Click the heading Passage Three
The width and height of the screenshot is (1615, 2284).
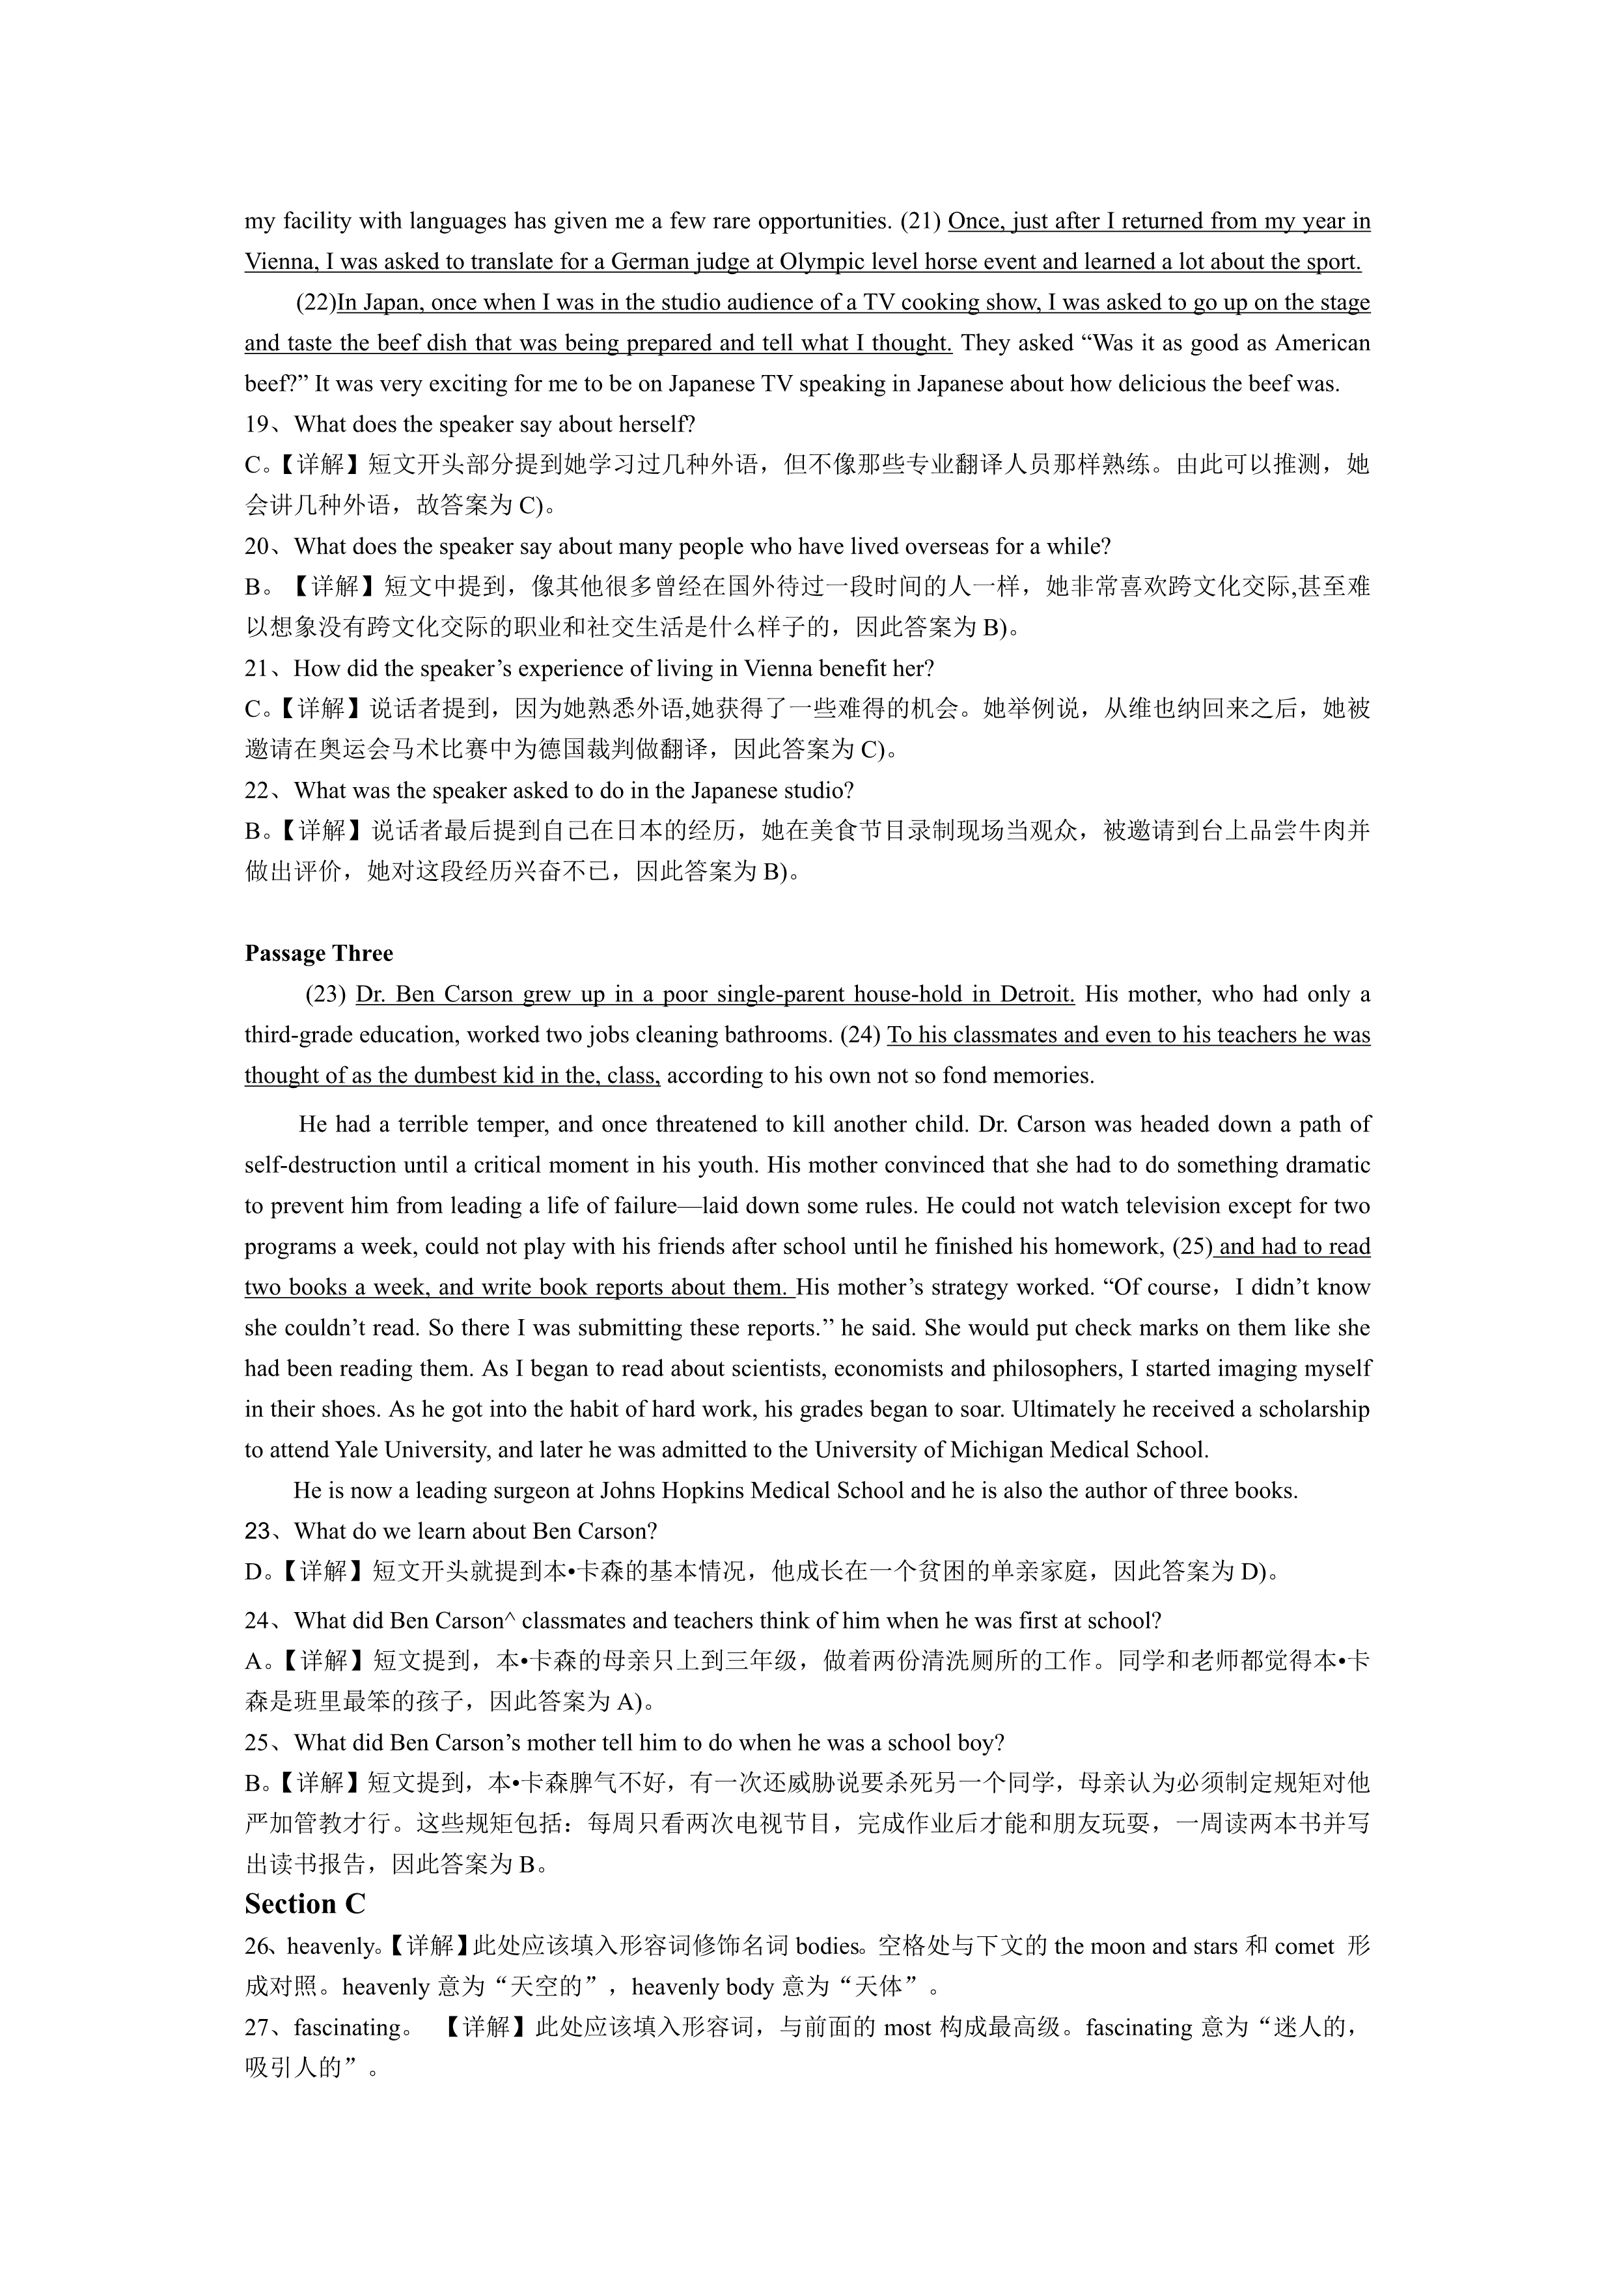point(318,953)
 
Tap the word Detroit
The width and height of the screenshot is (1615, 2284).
point(1036,994)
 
